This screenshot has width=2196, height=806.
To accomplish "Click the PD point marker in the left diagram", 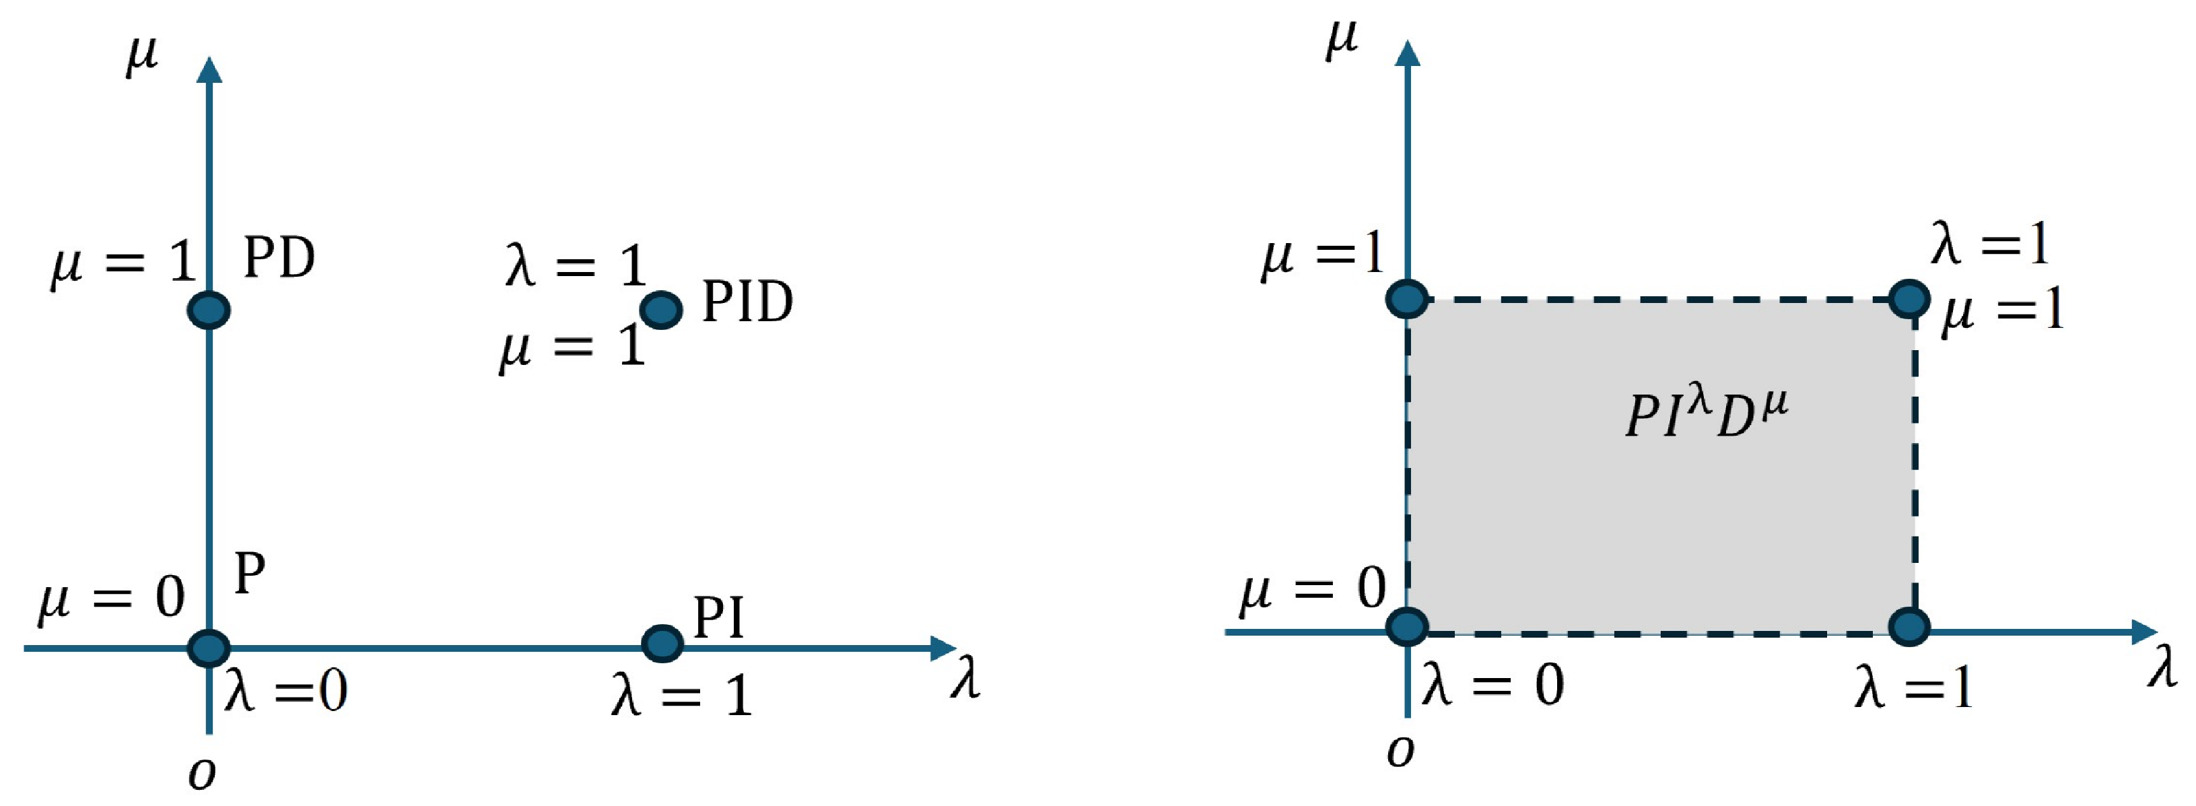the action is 209,310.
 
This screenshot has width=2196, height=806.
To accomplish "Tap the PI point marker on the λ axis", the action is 662,643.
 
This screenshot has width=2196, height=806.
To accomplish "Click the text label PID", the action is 747,302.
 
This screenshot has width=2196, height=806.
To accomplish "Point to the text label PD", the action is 279,258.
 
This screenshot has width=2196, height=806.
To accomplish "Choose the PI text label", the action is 718,617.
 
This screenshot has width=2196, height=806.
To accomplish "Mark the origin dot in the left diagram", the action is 209,647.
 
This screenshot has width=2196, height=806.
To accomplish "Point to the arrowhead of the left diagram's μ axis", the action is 209,70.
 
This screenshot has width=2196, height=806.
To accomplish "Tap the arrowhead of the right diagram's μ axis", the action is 1409,53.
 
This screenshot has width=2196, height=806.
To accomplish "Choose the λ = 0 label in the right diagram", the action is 1492,684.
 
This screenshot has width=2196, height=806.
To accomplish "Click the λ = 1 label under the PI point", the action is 681,694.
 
